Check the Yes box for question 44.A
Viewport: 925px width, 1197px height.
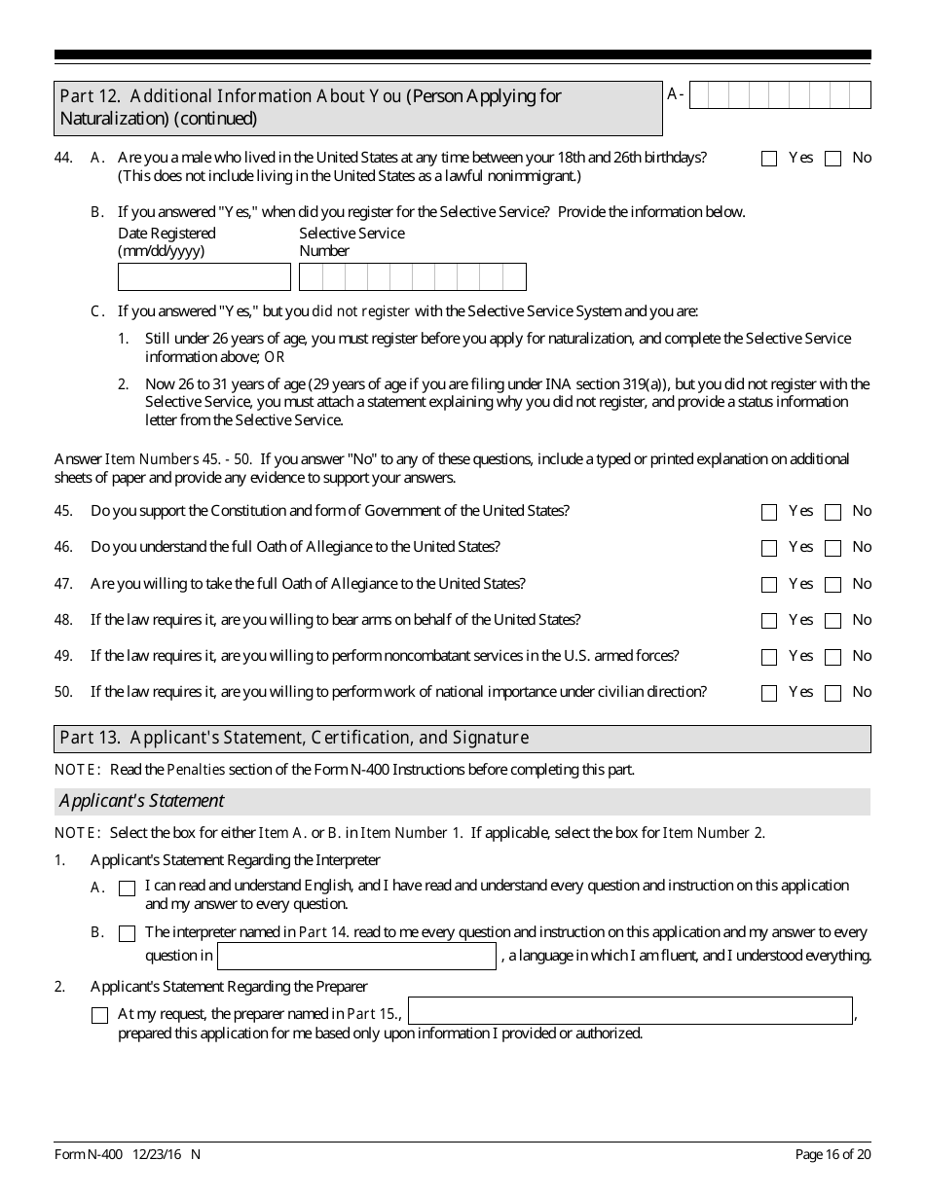click(769, 159)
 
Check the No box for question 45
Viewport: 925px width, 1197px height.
click(832, 512)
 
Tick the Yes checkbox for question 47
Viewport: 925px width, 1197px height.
click(769, 585)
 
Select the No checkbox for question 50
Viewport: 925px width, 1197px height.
click(832, 694)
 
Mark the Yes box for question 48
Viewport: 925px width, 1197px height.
click(769, 621)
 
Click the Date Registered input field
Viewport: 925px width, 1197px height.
click(204, 277)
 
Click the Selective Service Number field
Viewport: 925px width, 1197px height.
click(412, 277)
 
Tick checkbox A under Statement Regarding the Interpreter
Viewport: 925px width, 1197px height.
click(127, 889)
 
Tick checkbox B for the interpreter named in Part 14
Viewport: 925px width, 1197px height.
click(127, 934)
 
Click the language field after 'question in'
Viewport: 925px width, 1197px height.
click(356, 957)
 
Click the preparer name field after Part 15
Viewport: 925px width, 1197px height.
click(630, 1011)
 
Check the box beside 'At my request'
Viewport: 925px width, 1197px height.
click(99, 1016)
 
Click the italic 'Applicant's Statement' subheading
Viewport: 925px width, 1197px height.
click(141, 801)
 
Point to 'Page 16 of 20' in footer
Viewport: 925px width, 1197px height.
click(832, 1155)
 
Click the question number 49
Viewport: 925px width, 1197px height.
click(63, 656)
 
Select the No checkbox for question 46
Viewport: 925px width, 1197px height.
click(832, 549)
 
